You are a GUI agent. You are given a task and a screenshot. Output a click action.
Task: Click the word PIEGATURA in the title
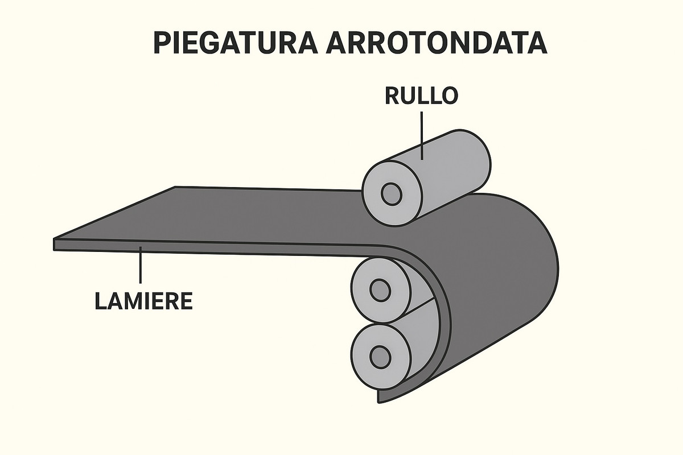[234, 43]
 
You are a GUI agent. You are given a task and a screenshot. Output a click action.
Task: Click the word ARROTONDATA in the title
[437, 43]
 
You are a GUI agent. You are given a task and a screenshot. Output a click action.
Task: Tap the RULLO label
[421, 95]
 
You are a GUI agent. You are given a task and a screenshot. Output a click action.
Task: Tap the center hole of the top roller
[392, 195]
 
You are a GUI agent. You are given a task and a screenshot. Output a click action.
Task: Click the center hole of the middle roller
[380, 290]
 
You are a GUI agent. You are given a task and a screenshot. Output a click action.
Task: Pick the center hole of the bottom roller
[380, 357]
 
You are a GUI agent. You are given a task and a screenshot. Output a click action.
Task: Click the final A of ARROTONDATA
[536, 43]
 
